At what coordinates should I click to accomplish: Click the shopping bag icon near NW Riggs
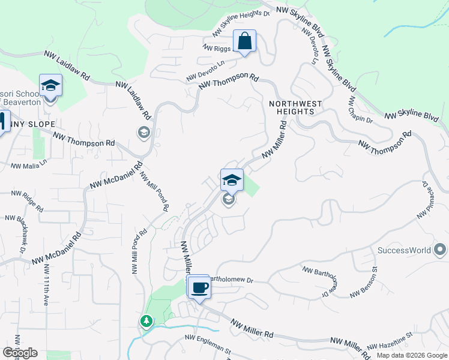click(x=244, y=41)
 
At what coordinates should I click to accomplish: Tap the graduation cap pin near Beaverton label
click(x=51, y=86)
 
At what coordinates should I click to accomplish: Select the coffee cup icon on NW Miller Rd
click(x=199, y=287)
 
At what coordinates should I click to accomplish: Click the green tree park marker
click(x=146, y=322)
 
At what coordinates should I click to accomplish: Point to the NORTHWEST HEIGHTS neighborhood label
click(x=295, y=107)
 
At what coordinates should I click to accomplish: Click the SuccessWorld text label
click(x=405, y=250)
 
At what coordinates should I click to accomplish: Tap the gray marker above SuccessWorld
click(x=440, y=248)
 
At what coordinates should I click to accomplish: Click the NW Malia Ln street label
click(x=28, y=166)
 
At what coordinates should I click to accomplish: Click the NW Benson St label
click(x=363, y=284)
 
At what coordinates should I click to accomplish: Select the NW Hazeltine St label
click(x=391, y=341)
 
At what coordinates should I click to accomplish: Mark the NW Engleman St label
click(x=208, y=344)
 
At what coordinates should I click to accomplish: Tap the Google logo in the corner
click(x=20, y=352)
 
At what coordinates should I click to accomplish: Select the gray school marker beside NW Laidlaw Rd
click(x=143, y=132)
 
